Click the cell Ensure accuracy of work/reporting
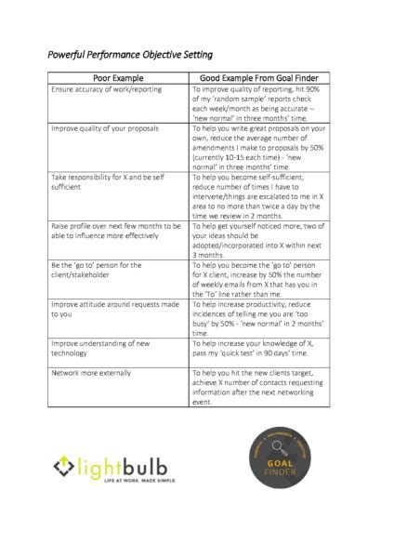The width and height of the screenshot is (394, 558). pyautogui.click(x=107, y=89)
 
